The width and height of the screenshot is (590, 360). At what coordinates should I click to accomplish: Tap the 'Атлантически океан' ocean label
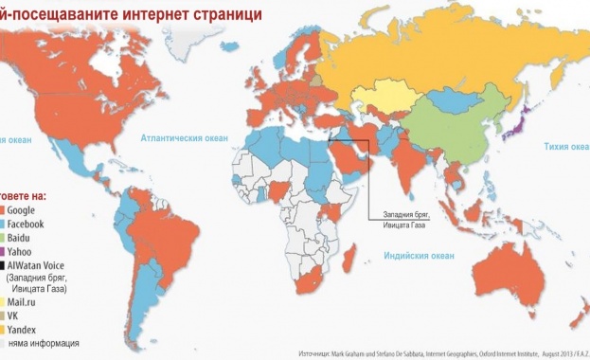point(185,137)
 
